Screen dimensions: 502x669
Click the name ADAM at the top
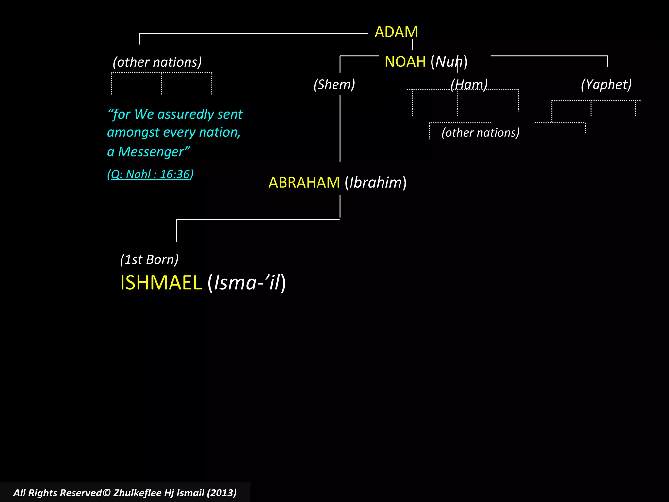[x=396, y=32]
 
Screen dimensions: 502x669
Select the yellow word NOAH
[x=405, y=62]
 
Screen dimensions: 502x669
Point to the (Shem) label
[x=334, y=84]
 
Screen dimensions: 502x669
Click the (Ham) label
[x=469, y=84]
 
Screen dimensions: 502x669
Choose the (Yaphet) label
[x=606, y=84]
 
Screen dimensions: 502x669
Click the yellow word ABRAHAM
[x=304, y=182]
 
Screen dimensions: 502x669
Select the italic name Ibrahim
[x=376, y=182]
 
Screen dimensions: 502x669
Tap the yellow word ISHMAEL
[x=161, y=282]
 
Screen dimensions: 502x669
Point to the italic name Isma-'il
[x=247, y=282]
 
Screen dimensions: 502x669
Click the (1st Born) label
[x=149, y=259]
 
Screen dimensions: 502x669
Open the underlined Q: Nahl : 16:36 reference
[x=150, y=174]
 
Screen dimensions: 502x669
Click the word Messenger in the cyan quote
[x=151, y=152]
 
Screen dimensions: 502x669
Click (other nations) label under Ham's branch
[x=481, y=133]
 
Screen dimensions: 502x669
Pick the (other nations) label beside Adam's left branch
[x=157, y=62]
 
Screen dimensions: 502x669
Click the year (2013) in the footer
[x=221, y=493]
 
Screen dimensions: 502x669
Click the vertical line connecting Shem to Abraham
[x=340, y=127]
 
